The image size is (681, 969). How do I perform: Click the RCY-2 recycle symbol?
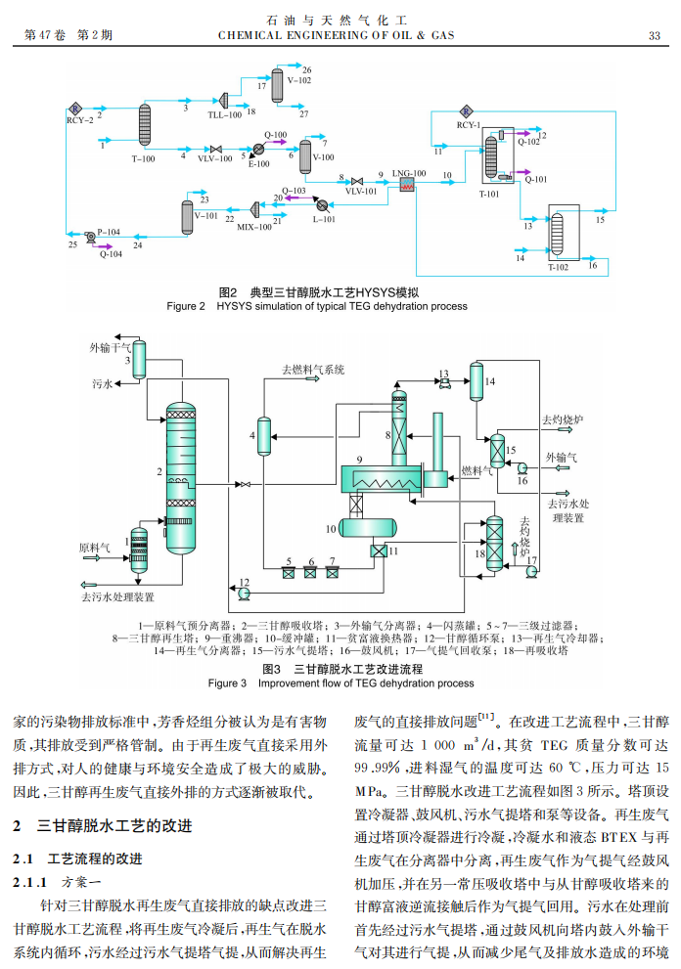click(74, 109)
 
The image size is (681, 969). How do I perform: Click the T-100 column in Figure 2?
click(146, 124)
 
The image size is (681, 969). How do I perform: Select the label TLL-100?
click(224, 115)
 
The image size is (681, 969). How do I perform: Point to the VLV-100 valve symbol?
click(215, 149)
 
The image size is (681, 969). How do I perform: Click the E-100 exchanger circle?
click(258, 150)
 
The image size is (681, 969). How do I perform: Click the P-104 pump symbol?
click(90, 237)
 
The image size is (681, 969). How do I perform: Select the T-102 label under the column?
click(558, 267)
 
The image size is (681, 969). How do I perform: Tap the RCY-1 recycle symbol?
click(468, 111)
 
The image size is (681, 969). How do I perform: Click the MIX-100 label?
click(253, 226)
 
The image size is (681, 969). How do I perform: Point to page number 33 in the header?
click(655, 36)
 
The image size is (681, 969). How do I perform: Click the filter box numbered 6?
click(311, 573)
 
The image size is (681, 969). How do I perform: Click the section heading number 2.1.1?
click(29, 881)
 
